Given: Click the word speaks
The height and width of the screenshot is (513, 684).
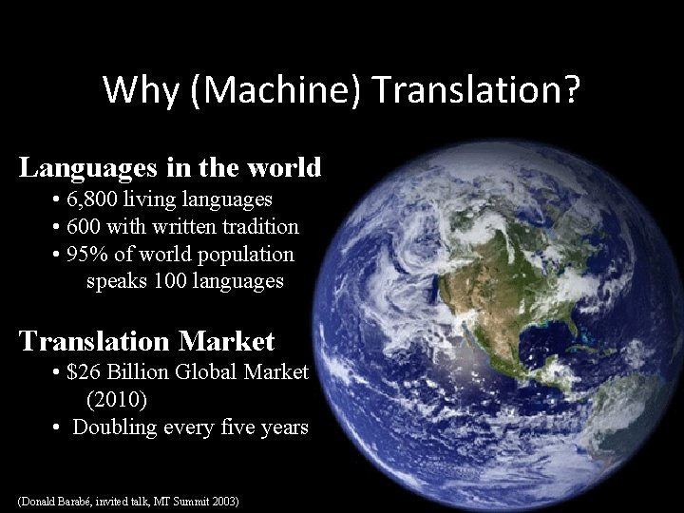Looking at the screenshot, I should click(117, 281).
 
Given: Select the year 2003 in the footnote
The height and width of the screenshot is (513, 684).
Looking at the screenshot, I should click(224, 500).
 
